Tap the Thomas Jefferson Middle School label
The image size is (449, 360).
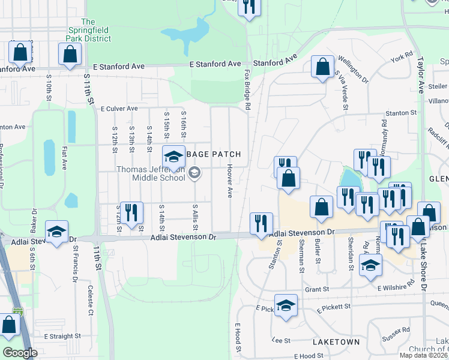[151, 173]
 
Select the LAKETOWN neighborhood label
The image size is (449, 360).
[336, 342]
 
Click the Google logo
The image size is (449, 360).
[20, 353]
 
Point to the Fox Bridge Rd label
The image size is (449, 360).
[247, 89]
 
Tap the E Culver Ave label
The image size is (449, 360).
[119, 109]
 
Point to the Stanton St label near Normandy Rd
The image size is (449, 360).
[401, 112]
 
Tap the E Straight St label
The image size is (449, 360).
[61, 337]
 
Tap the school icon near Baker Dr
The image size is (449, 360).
[56, 232]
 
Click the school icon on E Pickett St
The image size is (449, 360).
[286, 305]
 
